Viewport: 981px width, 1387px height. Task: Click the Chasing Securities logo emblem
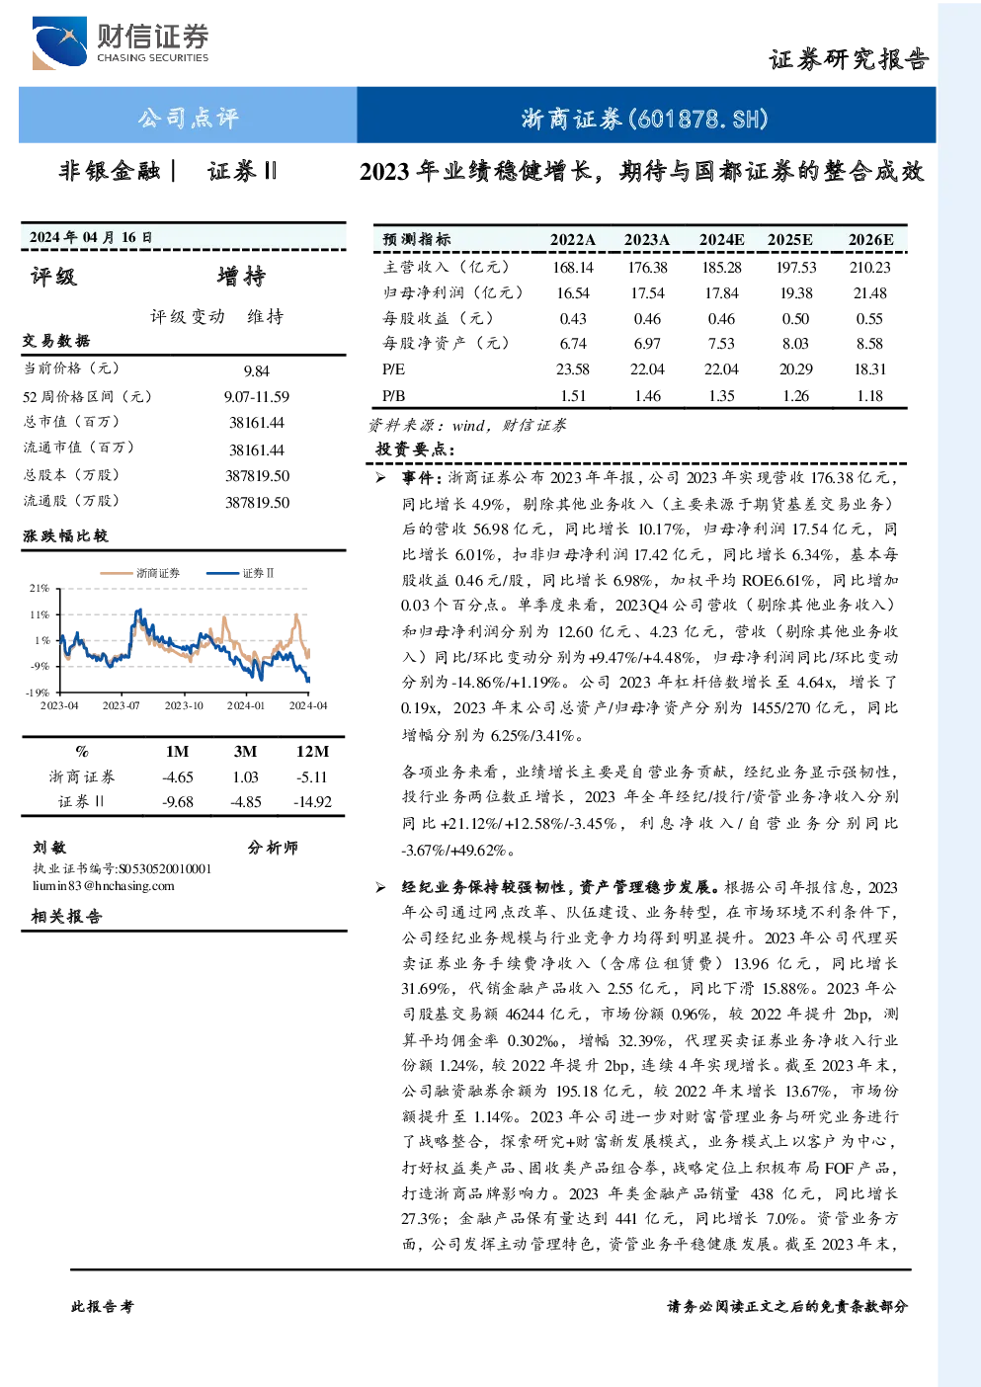59,42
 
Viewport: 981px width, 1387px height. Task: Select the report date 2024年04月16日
91,237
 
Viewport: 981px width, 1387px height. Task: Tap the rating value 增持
241,277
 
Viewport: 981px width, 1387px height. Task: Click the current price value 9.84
257,370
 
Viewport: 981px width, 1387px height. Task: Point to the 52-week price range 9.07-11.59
257,397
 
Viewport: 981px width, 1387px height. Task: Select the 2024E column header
721,240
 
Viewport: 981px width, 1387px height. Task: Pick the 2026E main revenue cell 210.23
869,268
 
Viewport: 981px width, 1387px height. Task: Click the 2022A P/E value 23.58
573,369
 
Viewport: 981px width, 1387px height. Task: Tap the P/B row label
394,396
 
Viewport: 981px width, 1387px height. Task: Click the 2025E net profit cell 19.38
796,292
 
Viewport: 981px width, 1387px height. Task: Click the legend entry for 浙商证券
140,573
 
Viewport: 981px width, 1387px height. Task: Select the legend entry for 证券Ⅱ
240,573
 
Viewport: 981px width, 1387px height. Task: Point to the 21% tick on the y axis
39,588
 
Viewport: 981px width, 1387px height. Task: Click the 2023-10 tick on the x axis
184,705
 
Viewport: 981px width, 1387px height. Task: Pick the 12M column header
313,751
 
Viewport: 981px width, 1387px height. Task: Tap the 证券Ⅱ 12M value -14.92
313,802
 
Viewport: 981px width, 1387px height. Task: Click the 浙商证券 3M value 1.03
245,777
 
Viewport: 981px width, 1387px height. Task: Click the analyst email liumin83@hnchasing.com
104,886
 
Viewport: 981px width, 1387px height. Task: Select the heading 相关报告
66,917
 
